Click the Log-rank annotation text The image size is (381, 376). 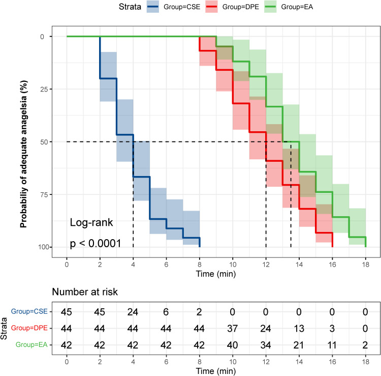pos(91,222)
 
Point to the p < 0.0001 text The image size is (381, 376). pos(96,243)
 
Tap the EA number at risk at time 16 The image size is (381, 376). pos(332,339)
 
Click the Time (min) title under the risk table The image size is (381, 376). pos(216,367)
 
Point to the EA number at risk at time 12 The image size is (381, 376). pos(266,339)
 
